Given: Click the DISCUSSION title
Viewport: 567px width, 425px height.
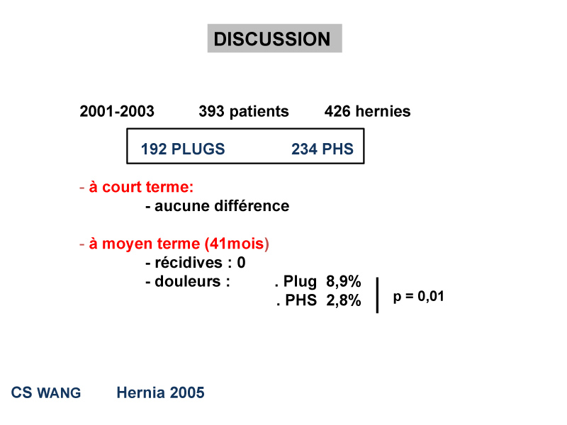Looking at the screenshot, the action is coord(272,39).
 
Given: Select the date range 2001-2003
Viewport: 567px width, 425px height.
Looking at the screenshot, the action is coord(117,111).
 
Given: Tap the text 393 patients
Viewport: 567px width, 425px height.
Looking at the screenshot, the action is coord(244,112).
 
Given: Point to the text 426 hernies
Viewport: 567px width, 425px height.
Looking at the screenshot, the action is coord(367,111).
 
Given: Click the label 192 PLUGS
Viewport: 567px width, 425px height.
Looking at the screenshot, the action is coord(183,149).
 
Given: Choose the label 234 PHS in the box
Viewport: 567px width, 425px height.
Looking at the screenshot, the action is coord(322,149).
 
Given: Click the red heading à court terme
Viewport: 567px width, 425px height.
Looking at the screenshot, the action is coord(141,187).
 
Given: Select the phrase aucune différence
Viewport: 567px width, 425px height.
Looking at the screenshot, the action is coord(222,206).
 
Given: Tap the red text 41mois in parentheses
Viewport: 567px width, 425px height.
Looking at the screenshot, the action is coord(237,244).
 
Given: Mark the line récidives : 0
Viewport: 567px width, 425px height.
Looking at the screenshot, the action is coord(196,263).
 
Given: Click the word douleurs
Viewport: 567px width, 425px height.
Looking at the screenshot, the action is coord(188,281).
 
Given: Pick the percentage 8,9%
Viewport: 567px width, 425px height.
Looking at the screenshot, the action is coord(344,281).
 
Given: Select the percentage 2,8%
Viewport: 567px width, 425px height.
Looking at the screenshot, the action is coord(344,300).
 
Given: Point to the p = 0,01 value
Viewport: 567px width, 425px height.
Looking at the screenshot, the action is coord(418,297).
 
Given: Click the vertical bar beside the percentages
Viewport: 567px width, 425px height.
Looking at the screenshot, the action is coord(377,295).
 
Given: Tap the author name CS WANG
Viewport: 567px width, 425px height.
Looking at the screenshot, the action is coord(46,392).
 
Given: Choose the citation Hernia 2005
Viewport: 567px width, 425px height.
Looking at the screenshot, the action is coord(161,392).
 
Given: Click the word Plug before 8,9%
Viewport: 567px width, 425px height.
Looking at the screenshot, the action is coord(300,281).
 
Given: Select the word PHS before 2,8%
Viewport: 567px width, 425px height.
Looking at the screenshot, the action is coord(301,300).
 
